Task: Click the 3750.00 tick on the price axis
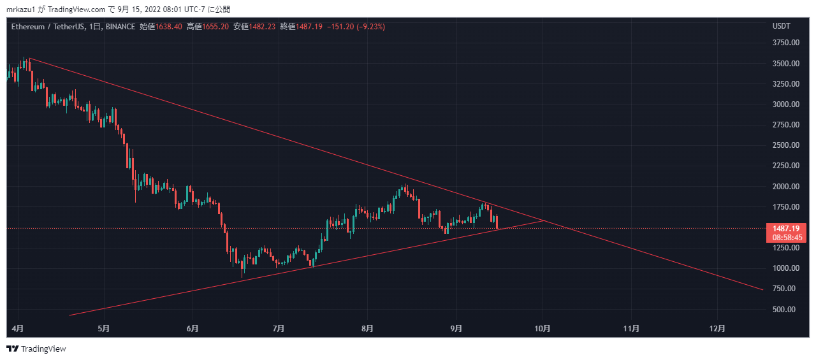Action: [785, 43]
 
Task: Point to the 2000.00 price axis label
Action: [785, 186]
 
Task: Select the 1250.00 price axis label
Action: [785, 248]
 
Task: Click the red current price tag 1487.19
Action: [788, 229]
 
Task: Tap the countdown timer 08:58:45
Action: [788, 237]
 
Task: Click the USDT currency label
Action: [782, 26]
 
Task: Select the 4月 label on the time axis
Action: [18, 329]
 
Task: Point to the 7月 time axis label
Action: [279, 329]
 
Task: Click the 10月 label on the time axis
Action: [543, 329]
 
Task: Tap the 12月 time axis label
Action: [717, 329]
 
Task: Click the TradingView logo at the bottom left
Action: [36, 349]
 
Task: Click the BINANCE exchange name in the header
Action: [120, 27]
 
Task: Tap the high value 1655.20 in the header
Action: [215, 27]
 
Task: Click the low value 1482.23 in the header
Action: [262, 27]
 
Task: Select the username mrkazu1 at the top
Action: [21, 10]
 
